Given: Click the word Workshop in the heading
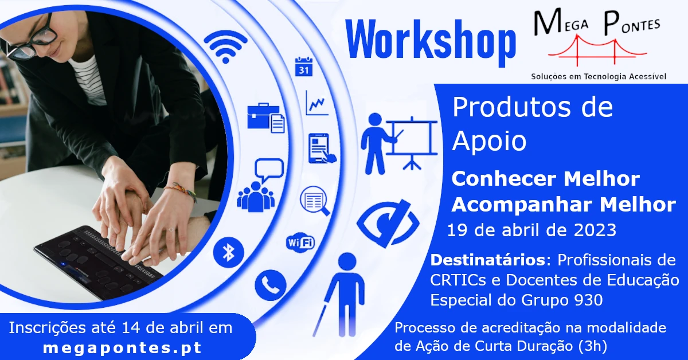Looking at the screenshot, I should point(431,41).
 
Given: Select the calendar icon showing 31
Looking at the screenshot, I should point(303,66).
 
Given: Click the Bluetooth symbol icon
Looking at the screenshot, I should point(229,252).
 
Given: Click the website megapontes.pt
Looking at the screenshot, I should point(123,348).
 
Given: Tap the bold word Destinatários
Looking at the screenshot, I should point(487,260).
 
